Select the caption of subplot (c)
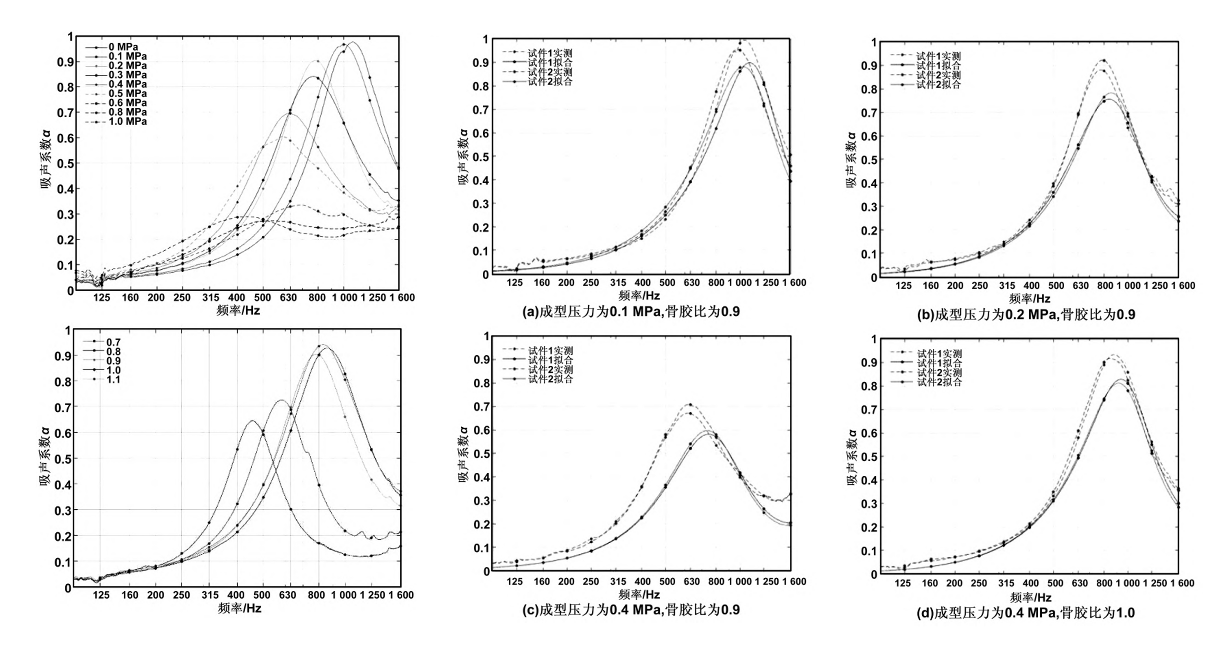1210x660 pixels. pyautogui.click(x=631, y=610)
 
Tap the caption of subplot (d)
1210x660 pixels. pyautogui.click(x=1025, y=613)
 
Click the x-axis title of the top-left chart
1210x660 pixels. pyautogui.click(x=238, y=310)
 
